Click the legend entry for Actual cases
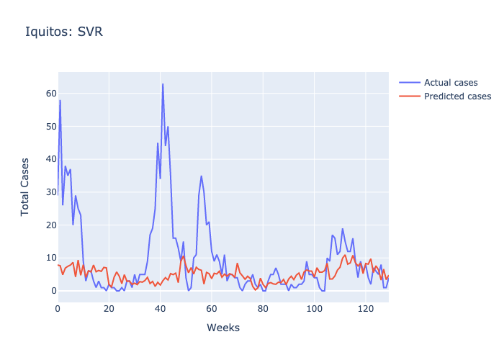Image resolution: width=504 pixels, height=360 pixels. click(451, 82)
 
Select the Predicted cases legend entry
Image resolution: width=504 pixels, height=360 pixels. click(457, 96)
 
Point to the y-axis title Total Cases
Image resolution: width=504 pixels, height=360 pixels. click(25, 186)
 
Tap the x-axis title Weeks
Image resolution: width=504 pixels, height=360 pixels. click(223, 328)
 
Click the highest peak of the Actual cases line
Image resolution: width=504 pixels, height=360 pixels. click(163, 84)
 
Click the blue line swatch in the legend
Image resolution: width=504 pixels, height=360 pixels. click(409, 82)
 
